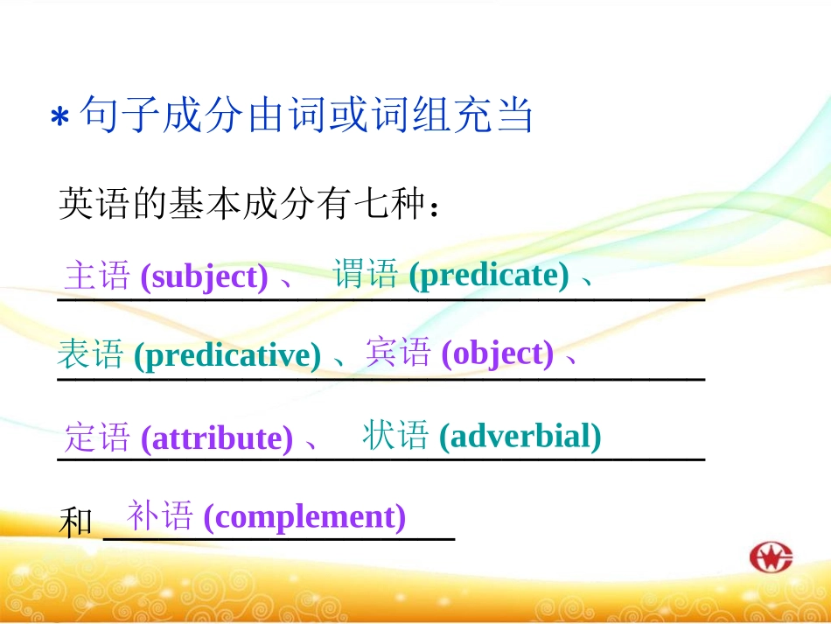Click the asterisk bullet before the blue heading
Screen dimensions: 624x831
pos(59,117)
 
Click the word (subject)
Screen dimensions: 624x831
pos(204,277)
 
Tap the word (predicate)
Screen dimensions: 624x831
pos(489,276)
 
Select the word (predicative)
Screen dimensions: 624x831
pos(227,355)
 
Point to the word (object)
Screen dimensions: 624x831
pos(498,353)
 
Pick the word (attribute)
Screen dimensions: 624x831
pos(217,438)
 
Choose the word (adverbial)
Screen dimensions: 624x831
pos(520,435)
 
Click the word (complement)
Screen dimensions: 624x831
pos(304,517)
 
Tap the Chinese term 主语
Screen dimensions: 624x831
pos(96,277)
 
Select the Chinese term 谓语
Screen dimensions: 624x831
pos(366,275)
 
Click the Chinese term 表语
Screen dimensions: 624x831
pos(90,354)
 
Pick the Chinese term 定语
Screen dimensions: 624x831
pos(97,437)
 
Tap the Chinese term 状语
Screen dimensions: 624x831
pos(395,435)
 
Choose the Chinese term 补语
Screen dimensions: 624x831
pos(160,516)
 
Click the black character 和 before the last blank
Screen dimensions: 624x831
pos(76,523)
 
